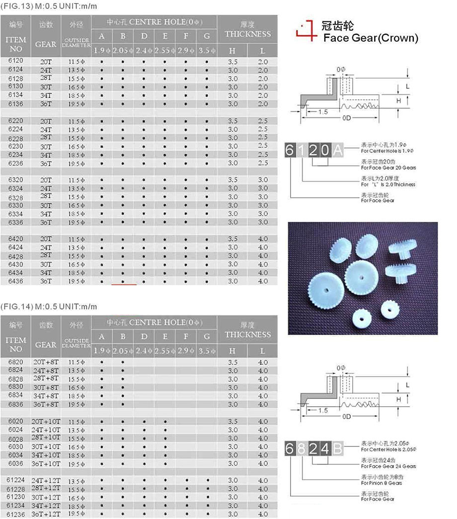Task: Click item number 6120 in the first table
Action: tap(15, 61)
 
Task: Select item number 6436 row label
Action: tap(15, 281)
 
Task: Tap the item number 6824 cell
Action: tap(15, 370)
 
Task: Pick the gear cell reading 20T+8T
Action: tap(46, 362)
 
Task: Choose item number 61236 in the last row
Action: tap(15, 514)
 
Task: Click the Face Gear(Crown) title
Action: tap(371, 38)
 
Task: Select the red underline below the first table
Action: tap(124, 285)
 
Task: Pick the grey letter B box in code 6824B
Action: tap(338, 449)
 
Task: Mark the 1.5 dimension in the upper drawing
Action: tap(323, 112)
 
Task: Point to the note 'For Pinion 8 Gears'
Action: tap(381, 483)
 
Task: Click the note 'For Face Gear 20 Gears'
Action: tap(388, 168)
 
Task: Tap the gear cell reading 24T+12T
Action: tap(46, 481)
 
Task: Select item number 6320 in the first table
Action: tap(15, 179)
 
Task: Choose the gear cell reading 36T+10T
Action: tap(46, 464)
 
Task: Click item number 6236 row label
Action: tap(15, 164)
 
